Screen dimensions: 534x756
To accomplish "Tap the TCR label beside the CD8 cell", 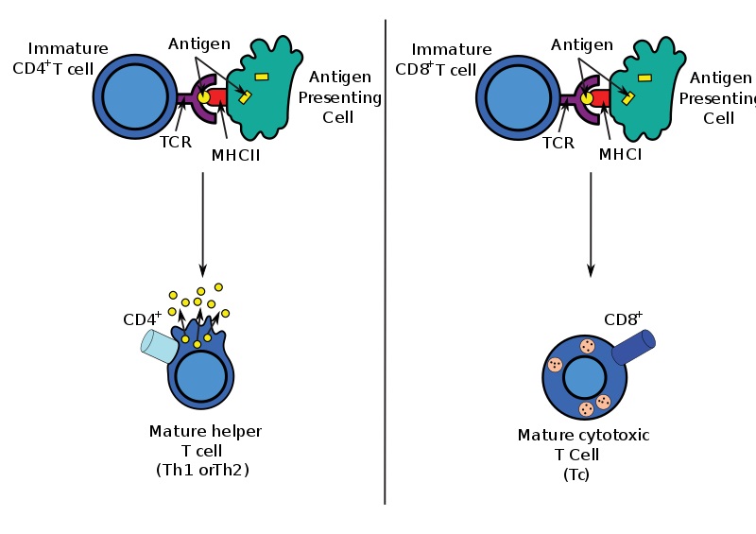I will click(x=558, y=144).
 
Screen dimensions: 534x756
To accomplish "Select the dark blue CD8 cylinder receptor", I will click(x=632, y=346).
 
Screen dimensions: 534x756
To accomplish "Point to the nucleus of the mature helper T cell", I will click(x=199, y=376).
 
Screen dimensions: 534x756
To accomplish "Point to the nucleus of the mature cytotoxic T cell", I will click(x=584, y=378).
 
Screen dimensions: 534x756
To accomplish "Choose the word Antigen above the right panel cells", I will click(x=584, y=43).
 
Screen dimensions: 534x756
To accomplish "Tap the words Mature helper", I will click(x=205, y=432).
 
